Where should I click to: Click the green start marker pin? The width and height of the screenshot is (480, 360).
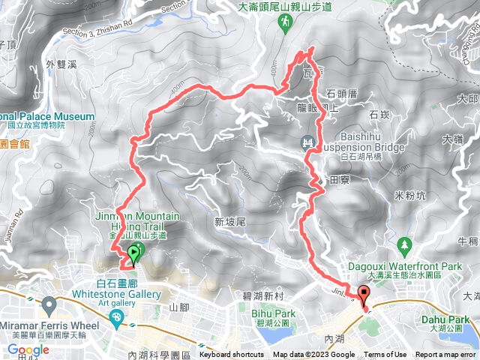(134, 254)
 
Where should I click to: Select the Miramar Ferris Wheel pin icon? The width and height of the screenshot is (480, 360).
(49, 305)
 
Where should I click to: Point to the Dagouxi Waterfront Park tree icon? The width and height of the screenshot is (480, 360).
(405, 244)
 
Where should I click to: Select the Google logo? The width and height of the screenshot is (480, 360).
(28, 349)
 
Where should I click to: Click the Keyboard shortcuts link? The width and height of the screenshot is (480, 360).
(232, 355)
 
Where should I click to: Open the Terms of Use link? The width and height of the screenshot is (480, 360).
(385, 355)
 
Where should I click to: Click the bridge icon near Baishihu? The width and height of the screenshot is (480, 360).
(307, 141)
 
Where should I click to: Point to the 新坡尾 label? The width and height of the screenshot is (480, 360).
(229, 222)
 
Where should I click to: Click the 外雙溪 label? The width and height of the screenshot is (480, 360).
(61, 64)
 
